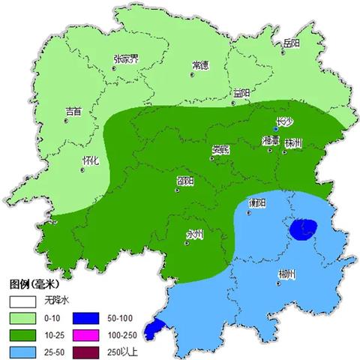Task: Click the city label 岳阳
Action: (x=291, y=44)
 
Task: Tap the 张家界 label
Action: (x=125, y=58)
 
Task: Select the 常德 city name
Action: (x=200, y=65)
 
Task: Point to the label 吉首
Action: (x=73, y=111)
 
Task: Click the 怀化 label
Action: (x=90, y=160)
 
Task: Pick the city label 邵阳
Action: (x=185, y=181)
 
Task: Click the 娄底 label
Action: (x=220, y=148)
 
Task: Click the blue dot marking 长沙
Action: (x=276, y=130)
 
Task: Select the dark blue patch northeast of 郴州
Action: (x=304, y=229)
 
